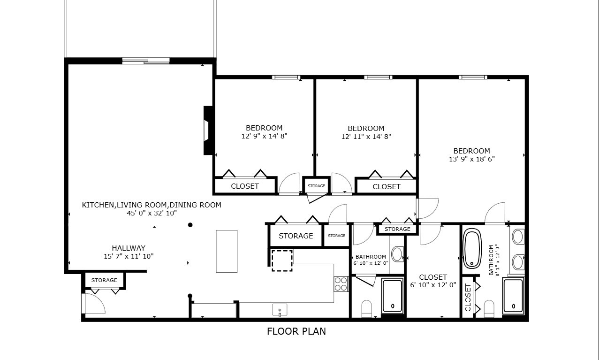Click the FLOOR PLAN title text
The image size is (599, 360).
pyautogui.click(x=296, y=331)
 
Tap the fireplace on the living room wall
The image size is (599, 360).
pyautogui.click(x=208, y=130)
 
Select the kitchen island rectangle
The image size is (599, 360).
pyautogui.click(x=227, y=251)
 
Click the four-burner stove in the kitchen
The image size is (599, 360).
pyautogui.click(x=341, y=284)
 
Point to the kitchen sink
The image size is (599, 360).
pyautogui.click(x=280, y=310)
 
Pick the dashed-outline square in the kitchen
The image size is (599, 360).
pyautogui.click(x=282, y=260)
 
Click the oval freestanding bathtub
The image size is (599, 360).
pyautogui.click(x=472, y=248)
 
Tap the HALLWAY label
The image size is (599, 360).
pyautogui.click(x=128, y=248)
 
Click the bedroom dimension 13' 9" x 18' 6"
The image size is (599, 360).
pyautogui.click(x=471, y=159)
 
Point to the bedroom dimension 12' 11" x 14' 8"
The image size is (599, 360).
pyautogui.click(x=366, y=137)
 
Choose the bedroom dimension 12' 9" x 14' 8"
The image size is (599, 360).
pyautogui.click(x=264, y=136)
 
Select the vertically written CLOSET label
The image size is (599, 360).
pyautogui.click(x=468, y=298)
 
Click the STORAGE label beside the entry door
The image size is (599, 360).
pyautogui.click(x=104, y=280)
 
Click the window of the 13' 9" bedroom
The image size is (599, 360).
pyautogui.click(x=473, y=77)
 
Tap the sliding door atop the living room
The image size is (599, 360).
pyautogui.click(x=145, y=61)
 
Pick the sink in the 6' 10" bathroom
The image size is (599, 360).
pyautogui.click(x=397, y=254)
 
